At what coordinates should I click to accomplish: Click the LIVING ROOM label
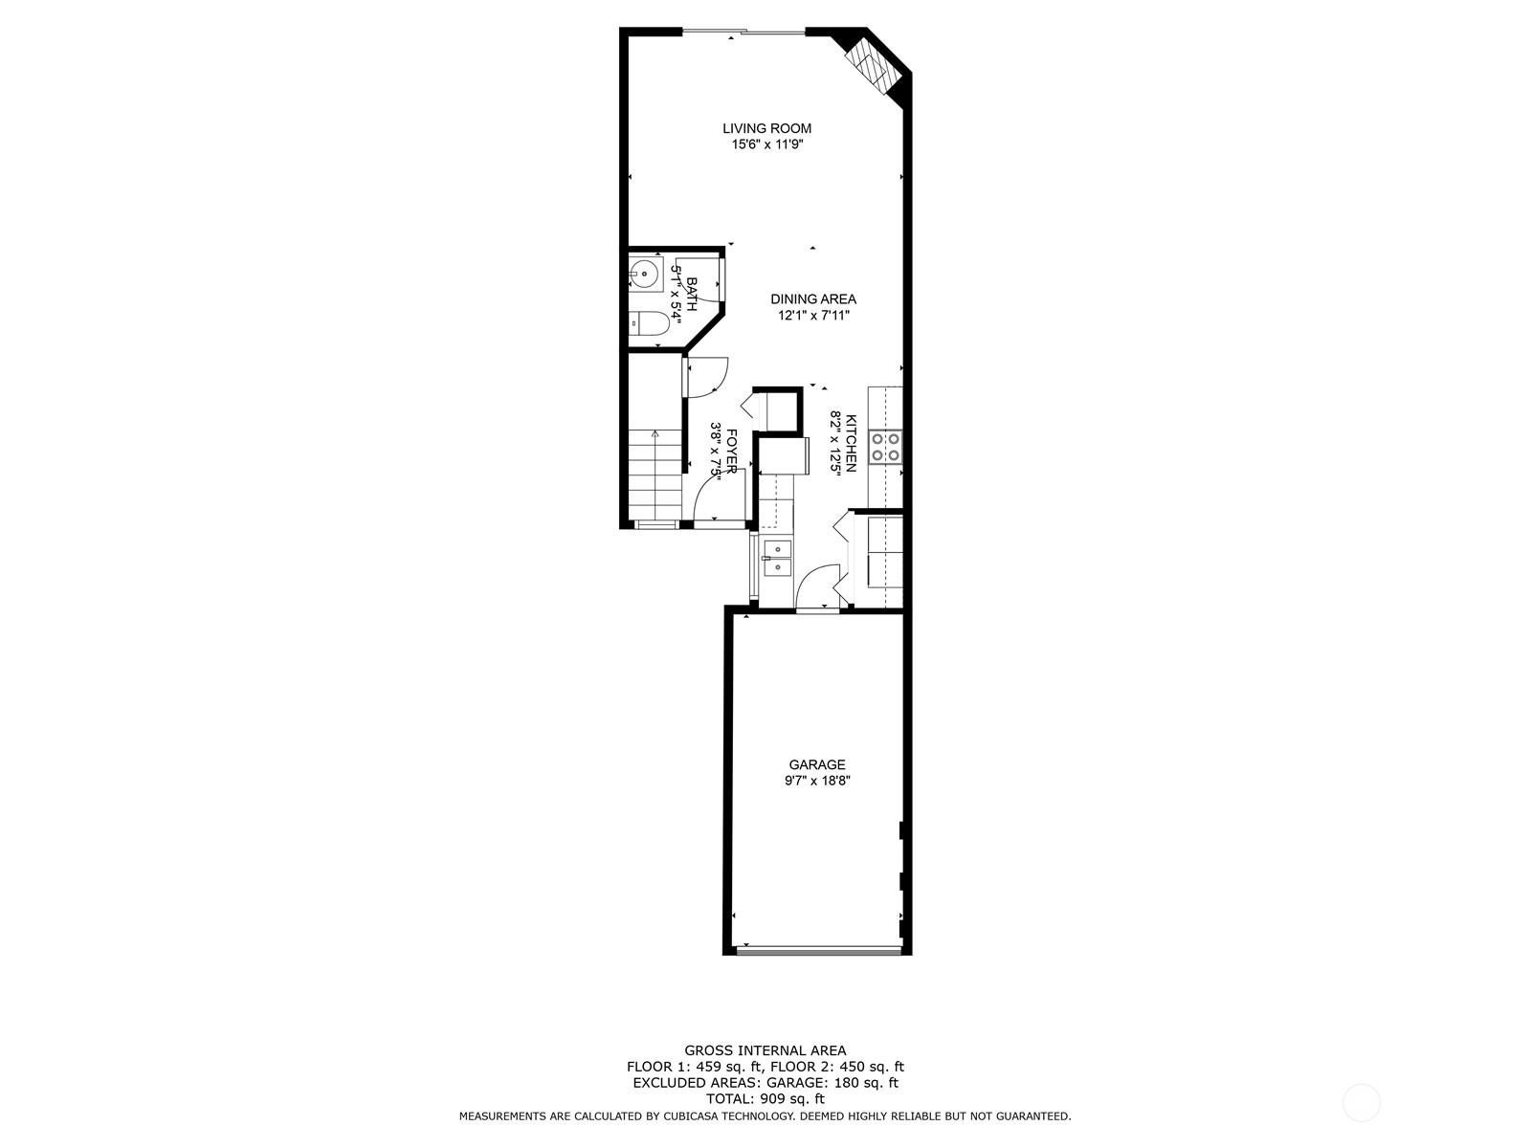tap(766, 128)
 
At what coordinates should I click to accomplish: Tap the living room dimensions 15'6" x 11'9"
tap(766, 145)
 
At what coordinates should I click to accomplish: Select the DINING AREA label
tap(812, 299)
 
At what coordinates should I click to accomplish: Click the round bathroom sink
tap(646, 273)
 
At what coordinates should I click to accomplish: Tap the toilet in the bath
tap(651, 325)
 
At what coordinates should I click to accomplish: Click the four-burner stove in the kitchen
tap(885, 447)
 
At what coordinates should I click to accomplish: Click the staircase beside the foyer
tap(655, 474)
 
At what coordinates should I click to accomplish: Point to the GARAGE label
tap(816, 764)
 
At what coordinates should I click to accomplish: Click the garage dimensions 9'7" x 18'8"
tap(816, 781)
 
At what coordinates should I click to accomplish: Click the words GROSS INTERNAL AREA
tap(765, 1050)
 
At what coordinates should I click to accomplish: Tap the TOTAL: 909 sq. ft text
tap(765, 1099)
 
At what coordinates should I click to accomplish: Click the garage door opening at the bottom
tap(819, 950)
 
